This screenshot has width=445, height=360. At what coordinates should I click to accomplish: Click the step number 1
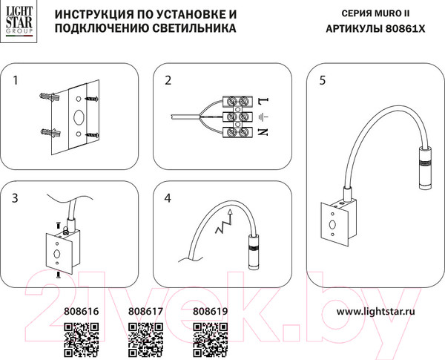point(18,80)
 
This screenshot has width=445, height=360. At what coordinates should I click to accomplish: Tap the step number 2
point(168,80)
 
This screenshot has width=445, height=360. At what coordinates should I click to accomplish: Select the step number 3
point(16,198)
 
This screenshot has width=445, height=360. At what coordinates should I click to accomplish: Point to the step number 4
point(168,198)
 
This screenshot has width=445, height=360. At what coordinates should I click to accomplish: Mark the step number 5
point(322,80)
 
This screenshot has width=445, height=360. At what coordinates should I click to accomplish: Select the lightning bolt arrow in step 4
point(224,223)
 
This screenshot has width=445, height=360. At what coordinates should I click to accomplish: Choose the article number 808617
point(145,312)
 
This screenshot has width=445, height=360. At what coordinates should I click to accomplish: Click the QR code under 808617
point(145,339)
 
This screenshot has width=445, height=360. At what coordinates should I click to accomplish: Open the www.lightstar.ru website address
point(376,312)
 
